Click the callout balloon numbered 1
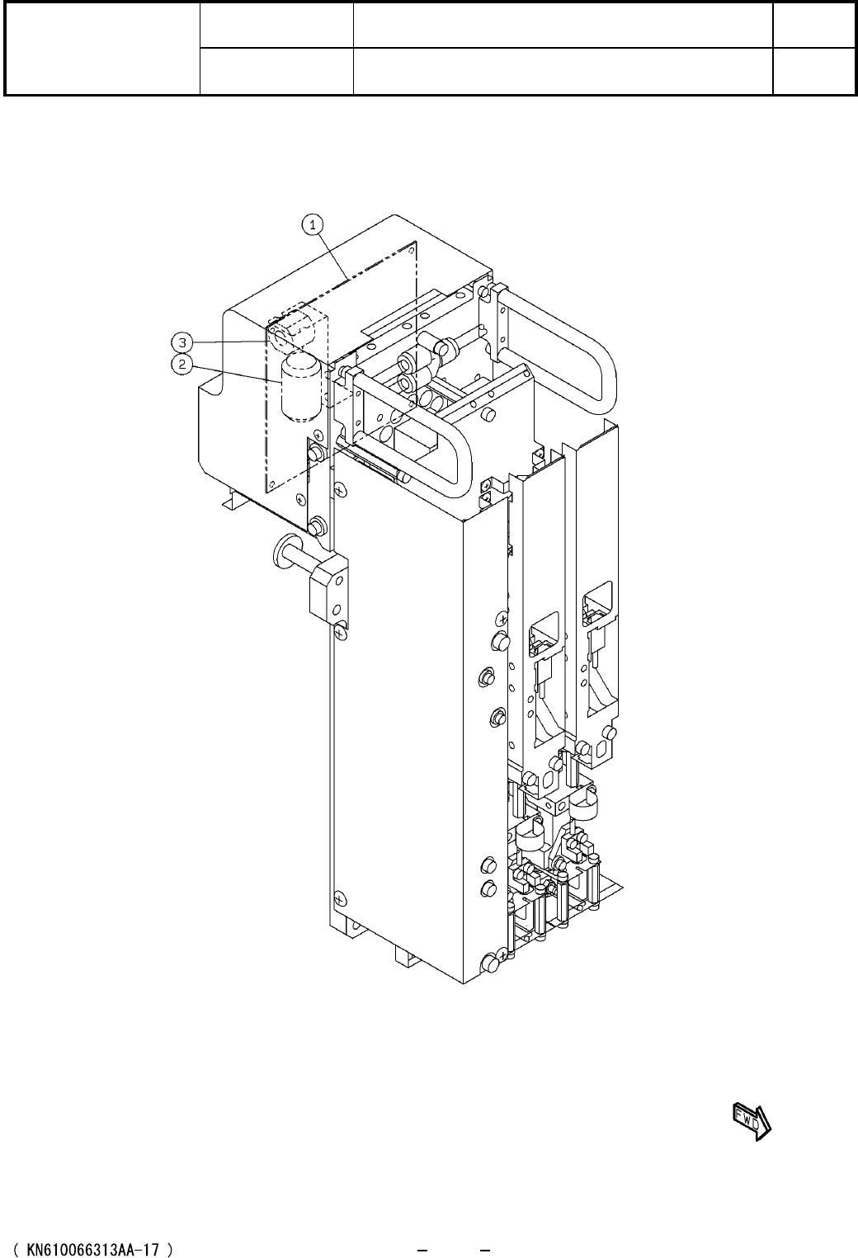313,225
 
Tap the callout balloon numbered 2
182,364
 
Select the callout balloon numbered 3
182,342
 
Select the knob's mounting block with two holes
329,589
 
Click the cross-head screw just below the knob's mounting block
340,634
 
